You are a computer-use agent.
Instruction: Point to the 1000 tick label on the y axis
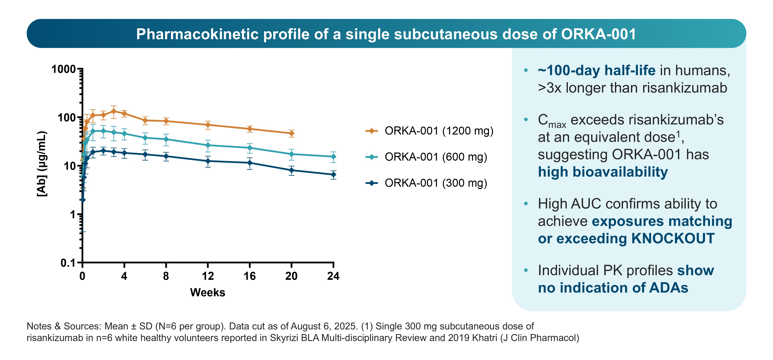tap(63, 69)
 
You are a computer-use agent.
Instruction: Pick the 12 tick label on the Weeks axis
tap(208, 276)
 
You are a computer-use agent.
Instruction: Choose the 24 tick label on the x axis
tap(333, 276)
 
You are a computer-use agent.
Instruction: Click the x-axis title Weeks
tap(208, 293)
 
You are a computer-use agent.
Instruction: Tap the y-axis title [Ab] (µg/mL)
tap(42, 164)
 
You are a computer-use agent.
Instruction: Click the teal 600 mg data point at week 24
tap(333, 157)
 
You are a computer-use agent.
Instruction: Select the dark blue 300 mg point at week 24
tap(333, 175)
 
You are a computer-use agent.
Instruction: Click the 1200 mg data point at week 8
tap(166, 121)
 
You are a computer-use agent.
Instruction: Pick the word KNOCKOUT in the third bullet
tap(673, 238)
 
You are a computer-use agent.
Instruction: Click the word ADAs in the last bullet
tap(669, 288)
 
